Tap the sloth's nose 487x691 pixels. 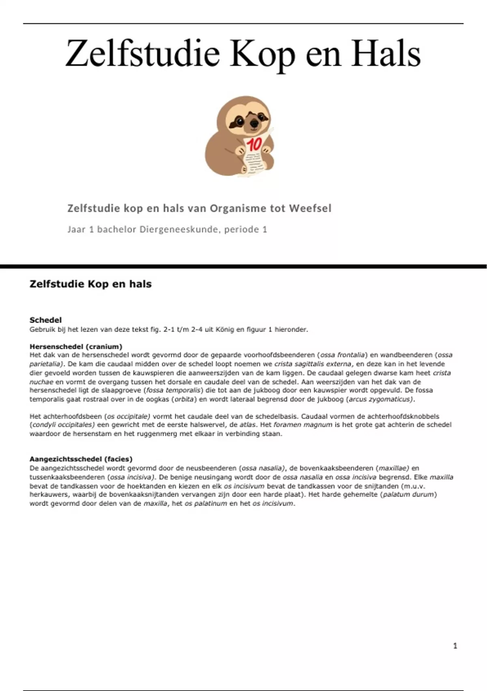click(x=254, y=123)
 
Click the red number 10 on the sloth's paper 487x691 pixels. click(x=254, y=144)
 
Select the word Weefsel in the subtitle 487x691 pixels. click(x=310, y=209)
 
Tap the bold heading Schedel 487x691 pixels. click(x=45, y=320)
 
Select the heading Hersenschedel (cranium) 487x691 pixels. click(x=76, y=347)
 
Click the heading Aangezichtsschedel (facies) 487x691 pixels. click(x=81, y=459)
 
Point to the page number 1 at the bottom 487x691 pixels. click(x=455, y=645)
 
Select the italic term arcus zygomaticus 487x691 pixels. click(x=380, y=399)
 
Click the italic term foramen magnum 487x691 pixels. click(x=303, y=425)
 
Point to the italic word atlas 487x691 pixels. click(x=248, y=425)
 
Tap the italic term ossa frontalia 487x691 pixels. click(x=343, y=355)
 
